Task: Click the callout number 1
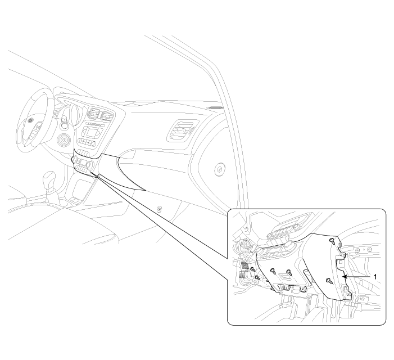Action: coord(375,277)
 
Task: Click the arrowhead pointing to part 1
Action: coord(345,277)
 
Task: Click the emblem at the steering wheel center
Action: coord(31,121)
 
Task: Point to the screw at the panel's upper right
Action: coord(332,241)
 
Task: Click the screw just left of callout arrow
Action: coord(329,281)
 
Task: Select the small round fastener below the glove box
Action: coord(159,209)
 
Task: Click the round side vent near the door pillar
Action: coord(219,170)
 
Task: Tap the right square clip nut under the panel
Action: coord(302,289)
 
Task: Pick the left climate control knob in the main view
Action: coord(74,159)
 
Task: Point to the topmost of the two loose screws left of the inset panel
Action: coord(253,269)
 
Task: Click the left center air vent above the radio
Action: coord(93,114)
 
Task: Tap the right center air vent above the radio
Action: coord(107,116)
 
